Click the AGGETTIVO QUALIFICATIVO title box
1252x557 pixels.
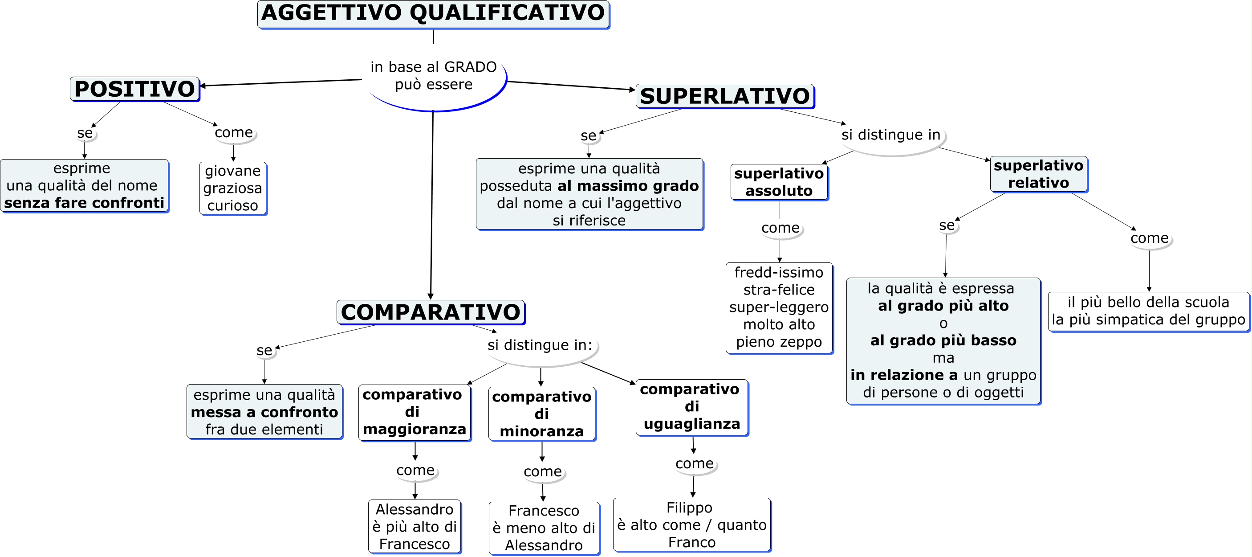(x=433, y=14)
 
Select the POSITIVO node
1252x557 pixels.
(x=134, y=89)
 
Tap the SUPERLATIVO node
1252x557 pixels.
(x=725, y=96)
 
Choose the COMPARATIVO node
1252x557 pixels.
(x=431, y=312)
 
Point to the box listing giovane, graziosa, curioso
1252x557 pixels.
(x=233, y=188)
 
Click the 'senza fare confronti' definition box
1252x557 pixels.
(x=84, y=186)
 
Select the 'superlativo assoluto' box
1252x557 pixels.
(x=779, y=182)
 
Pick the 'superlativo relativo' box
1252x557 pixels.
(x=1039, y=174)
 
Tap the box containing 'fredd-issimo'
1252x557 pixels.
(x=779, y=307)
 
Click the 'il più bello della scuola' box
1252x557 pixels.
(x=1148, y=311)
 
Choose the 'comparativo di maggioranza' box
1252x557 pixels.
(x=414, y=412)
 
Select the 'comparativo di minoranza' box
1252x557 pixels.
(x=542, y=414)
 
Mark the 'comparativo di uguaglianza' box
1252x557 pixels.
(x=691, y=407)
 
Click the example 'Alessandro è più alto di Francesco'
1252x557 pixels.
(x=415, y=526)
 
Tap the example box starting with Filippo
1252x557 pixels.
(x=691, y=525)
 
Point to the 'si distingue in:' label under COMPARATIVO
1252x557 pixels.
(x=540, y=345)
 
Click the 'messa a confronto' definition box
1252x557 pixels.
(x=264, y=412)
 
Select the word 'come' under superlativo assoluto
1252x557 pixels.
(x=780, y=228)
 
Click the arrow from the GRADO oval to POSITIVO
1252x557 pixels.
(x=282, y=83)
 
